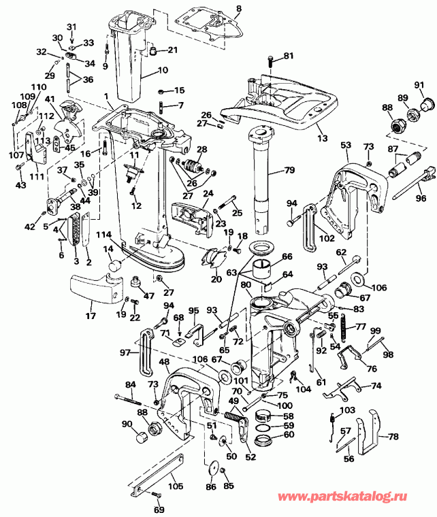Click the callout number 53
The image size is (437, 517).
[345, 145]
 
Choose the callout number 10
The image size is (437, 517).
[163, 70]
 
